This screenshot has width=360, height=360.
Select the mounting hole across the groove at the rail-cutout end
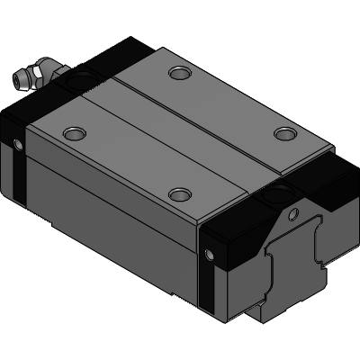285,134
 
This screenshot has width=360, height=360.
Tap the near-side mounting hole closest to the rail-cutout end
181,194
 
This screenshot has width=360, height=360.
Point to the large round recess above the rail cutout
282,190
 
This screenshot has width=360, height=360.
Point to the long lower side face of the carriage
108,225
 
